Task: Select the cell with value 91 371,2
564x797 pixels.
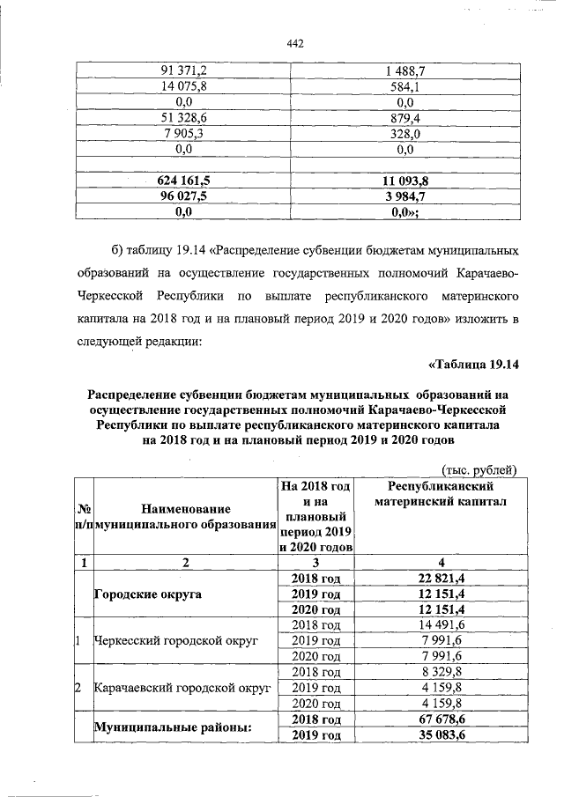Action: (x=183, y=70)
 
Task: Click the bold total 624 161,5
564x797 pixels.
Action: (x=183, y=181)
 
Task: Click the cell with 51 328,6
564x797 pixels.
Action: (x=183, y=118)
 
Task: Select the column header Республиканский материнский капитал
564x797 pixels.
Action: (x=442, y=495)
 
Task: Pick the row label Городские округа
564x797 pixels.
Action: (x=148, y=594)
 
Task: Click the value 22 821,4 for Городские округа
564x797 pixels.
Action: (x=442, y=578)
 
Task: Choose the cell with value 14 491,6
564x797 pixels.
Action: (x=442, y=625)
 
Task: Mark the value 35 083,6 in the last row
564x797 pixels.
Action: (x=442, y=734)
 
